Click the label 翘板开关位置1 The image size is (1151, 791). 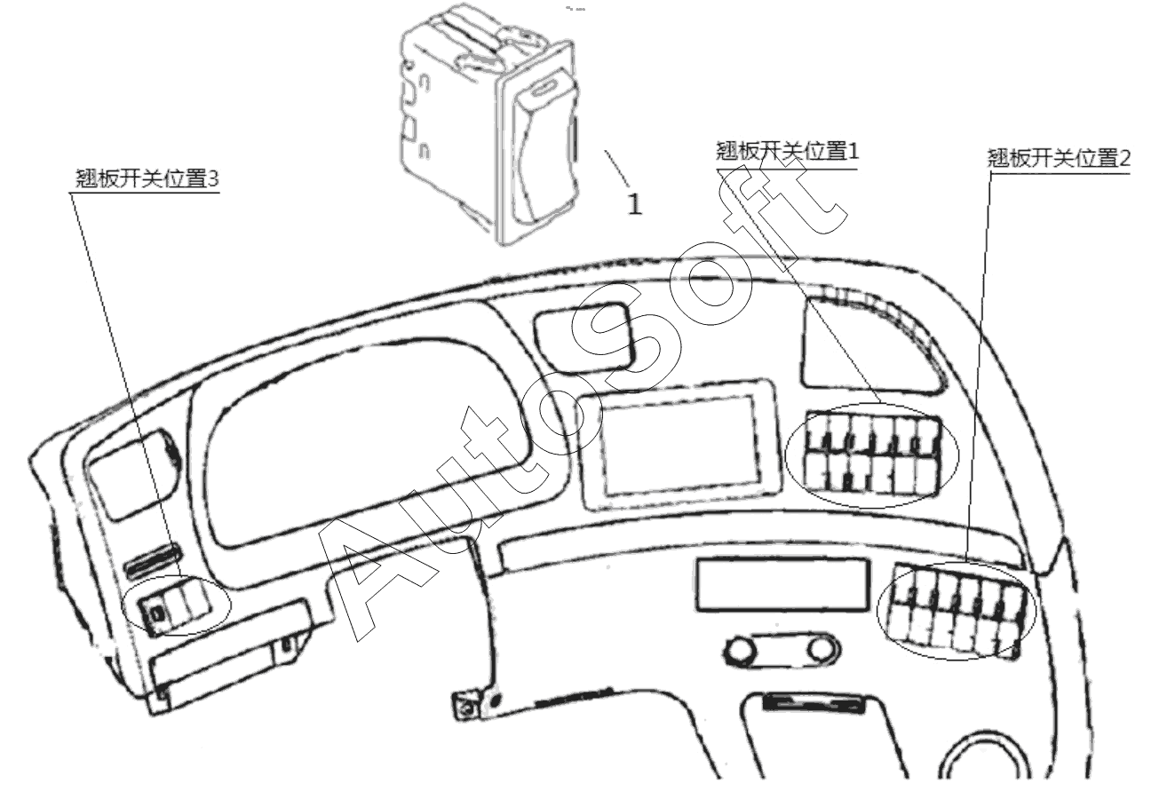[x=787, y=152]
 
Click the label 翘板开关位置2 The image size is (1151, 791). [x=1059, y=158]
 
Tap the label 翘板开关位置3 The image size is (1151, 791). [x=147, y=178]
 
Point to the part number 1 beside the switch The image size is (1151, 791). [x=635, y=204]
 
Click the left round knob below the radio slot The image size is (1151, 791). [x=741, y=650]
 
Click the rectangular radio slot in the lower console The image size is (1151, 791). [x=783, y=584]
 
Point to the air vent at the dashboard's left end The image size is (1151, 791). [x=135, y=473]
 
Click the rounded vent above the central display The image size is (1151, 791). [x=583, y=336]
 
